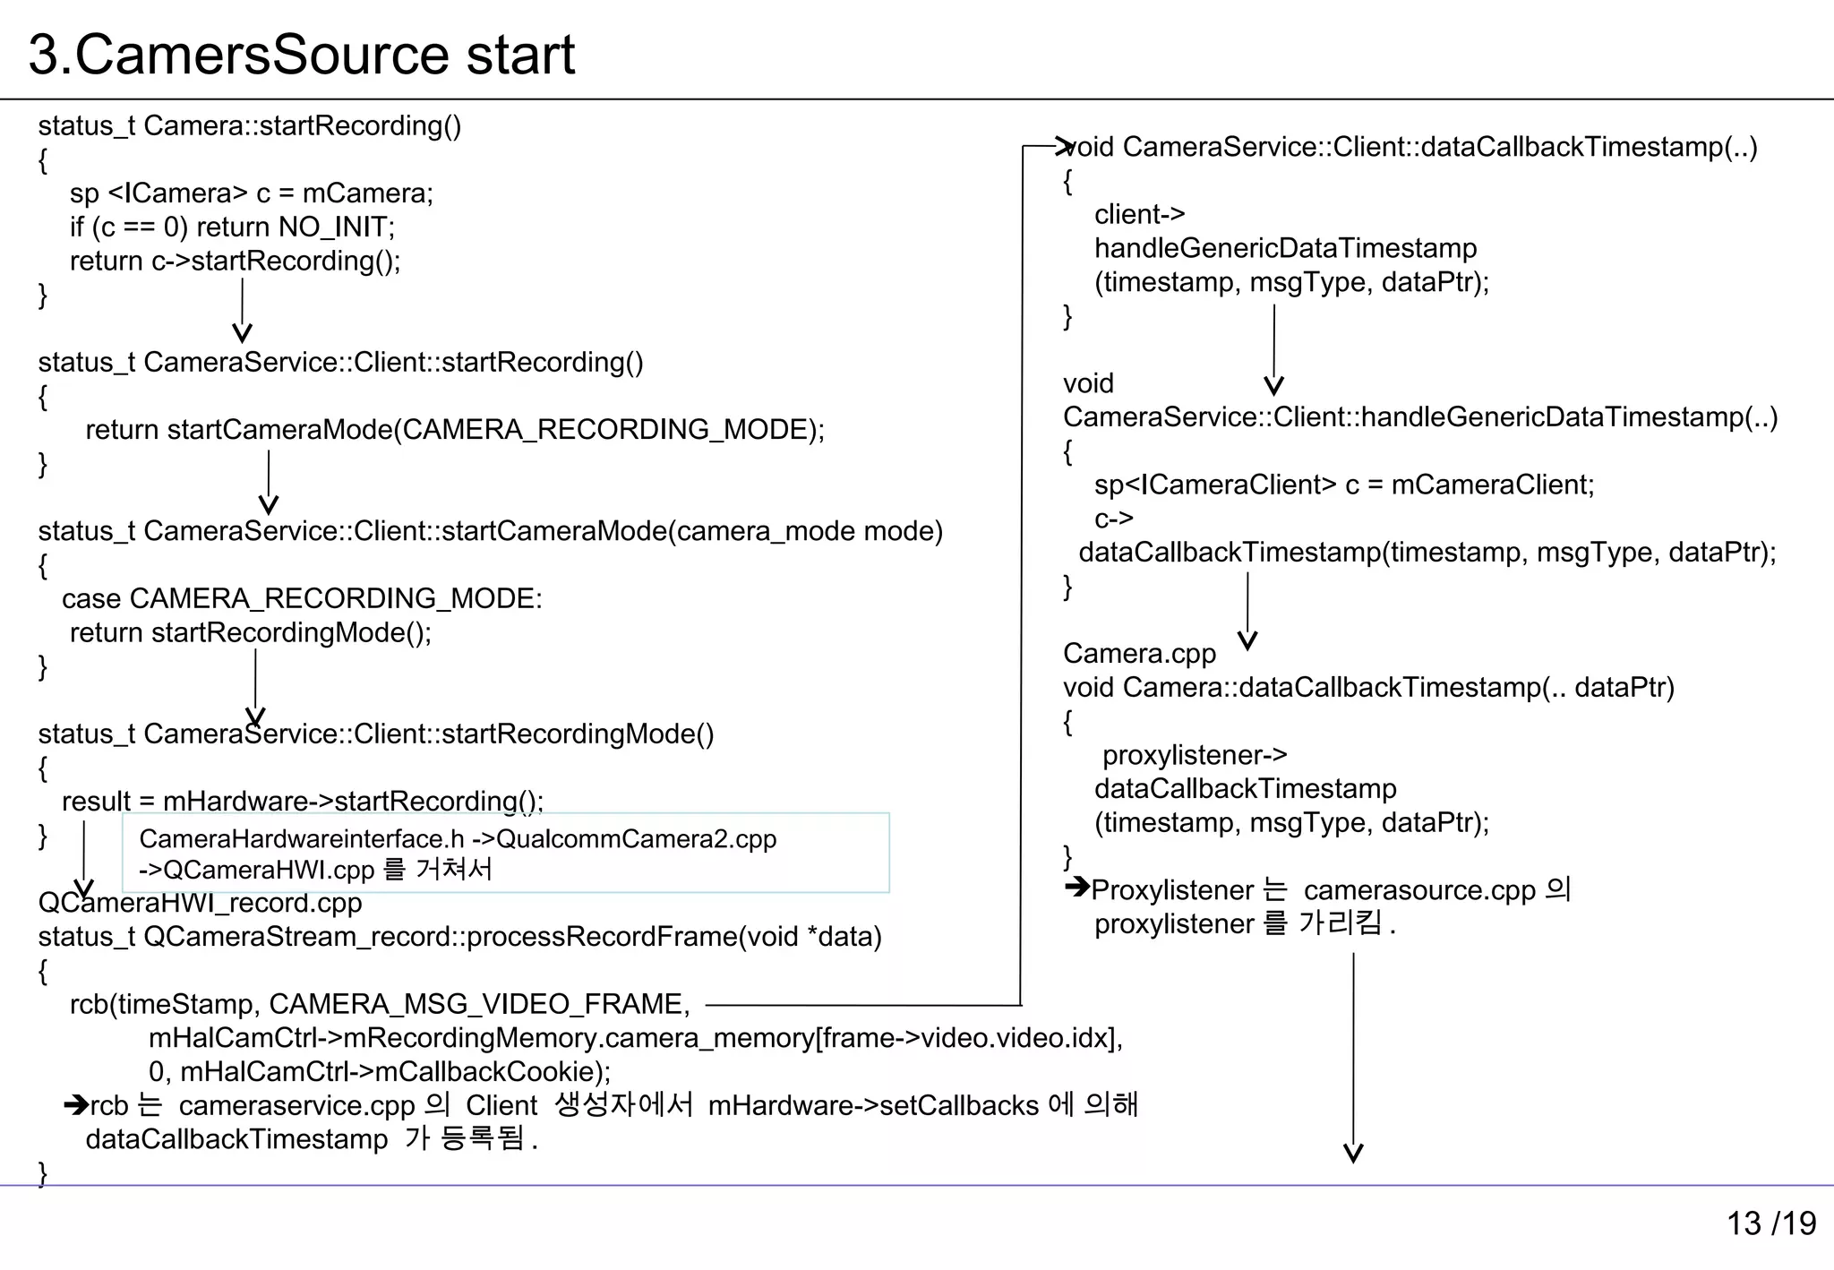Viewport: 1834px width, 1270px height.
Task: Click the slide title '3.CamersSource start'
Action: pyautogui.click(x=301, y=55)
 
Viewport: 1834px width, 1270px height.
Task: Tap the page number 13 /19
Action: pyautogui.click(x=1770, y=1223)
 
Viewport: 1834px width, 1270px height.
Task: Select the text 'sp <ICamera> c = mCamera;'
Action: pyautogui.click(x=252, y=193)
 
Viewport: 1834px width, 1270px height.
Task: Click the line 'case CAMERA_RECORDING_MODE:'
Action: pyautogui.click(x=302, y=598)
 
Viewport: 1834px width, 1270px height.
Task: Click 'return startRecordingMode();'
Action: pyautogui.click(x=251, y=632)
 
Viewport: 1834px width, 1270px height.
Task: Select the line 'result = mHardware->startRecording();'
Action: pyautogui.click(x=303, y=801)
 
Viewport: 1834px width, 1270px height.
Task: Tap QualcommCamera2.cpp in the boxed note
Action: pyautogui.click(x=636, y=839)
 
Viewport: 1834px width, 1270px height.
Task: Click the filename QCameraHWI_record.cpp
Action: pyautogui.click(x=200, y=903)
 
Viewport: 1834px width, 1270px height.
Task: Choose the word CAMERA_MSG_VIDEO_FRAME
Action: pyautogui.click(x=479, y=1004)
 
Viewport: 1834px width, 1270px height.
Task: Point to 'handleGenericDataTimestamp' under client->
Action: pyautogui.click(x=1285, y=248)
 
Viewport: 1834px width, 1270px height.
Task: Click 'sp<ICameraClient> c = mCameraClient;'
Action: pyautogui.click(x=1343, y=485)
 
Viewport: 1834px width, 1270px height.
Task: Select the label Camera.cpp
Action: pyautogui.click(x=1139, y=654)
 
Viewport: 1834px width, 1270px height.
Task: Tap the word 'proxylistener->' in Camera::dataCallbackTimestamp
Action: pyautogui.click(x=1195, y=755)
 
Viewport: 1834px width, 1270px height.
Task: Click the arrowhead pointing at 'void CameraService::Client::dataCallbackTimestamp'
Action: pyautogui.click(x=1064, y=145)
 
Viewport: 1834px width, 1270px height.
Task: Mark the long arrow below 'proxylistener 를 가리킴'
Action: pyautogui.click(x=1353, y=1057)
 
